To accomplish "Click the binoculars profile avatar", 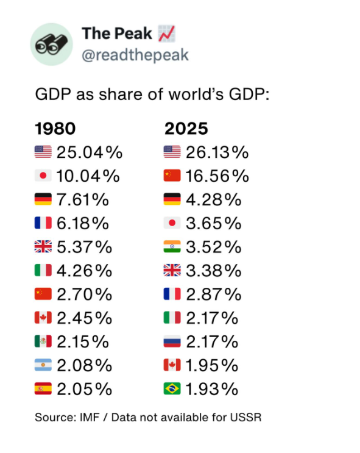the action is point(52,44).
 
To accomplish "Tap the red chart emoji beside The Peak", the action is point(166,34).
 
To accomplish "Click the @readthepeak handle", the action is point(135,55).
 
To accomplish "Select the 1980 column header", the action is point(55,128).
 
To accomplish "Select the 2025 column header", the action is point(186,128).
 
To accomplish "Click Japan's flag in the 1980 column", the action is point(43,176).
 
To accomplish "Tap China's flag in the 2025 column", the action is point(172,176).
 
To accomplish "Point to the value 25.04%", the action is point(90,152).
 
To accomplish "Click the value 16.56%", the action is point(217,176).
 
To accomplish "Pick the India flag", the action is point(172,246).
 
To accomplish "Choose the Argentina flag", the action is point(43,365).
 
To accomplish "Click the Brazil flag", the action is point(172,388).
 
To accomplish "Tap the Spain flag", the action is point(43,388).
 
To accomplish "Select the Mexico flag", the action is point(43,341).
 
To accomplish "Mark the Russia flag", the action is point(172,341).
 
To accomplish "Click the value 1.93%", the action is point(212,389).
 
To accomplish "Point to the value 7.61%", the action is point(83,199).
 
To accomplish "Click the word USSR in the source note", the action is point(245,418).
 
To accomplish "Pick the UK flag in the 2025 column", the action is point(172,270).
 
